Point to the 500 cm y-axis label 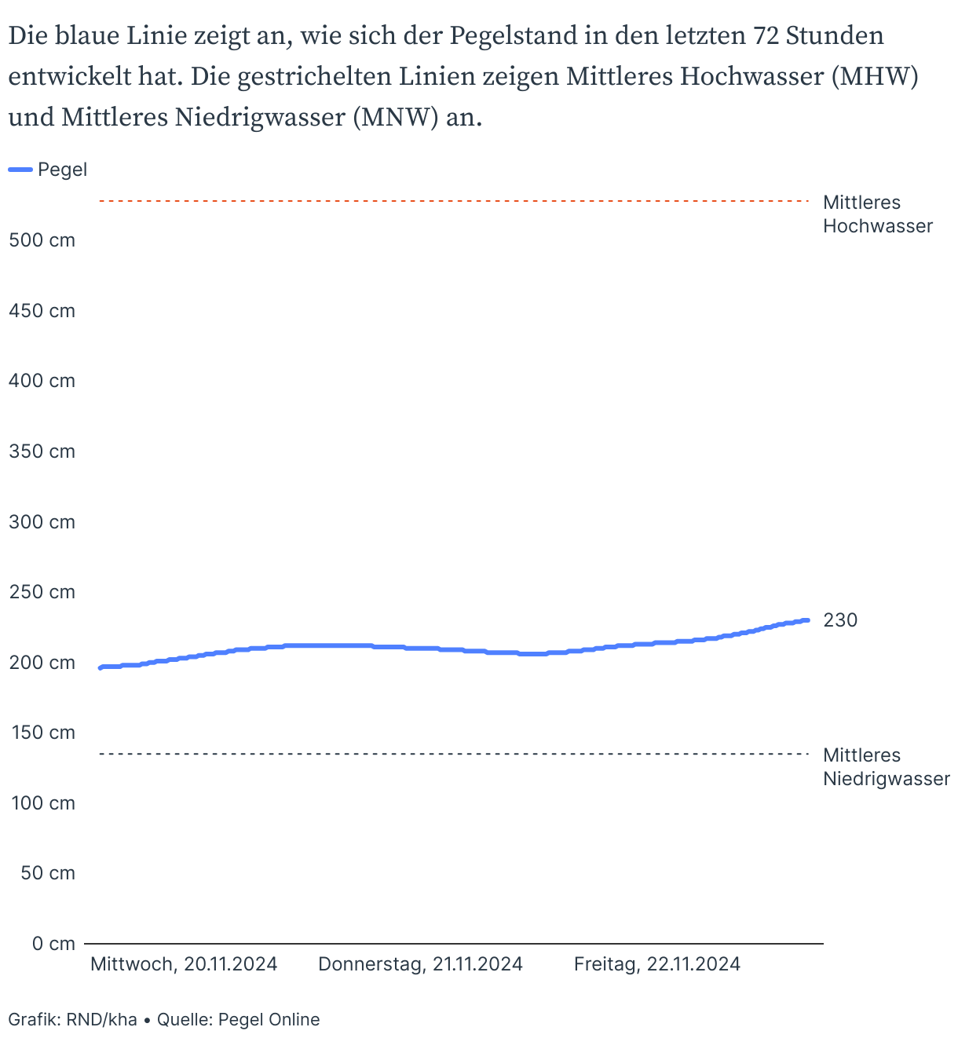tap(42, 240)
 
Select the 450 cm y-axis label tap(42, 311)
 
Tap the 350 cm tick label tap(42, 451)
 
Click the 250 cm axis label tap(42, 592)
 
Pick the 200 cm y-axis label tap(42, 663)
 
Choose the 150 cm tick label tap(42, 733)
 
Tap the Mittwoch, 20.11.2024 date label tap(184, 964)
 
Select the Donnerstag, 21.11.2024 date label tap(420, 964)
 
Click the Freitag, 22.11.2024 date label tap(657, 964)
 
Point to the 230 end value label tap(840, 620)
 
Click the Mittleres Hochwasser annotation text tap(877, 214)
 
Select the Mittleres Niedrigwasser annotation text tap(886, 767)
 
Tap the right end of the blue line tap(807, 620)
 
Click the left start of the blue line tap(101, 667)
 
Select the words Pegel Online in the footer tap(269, 1020)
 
